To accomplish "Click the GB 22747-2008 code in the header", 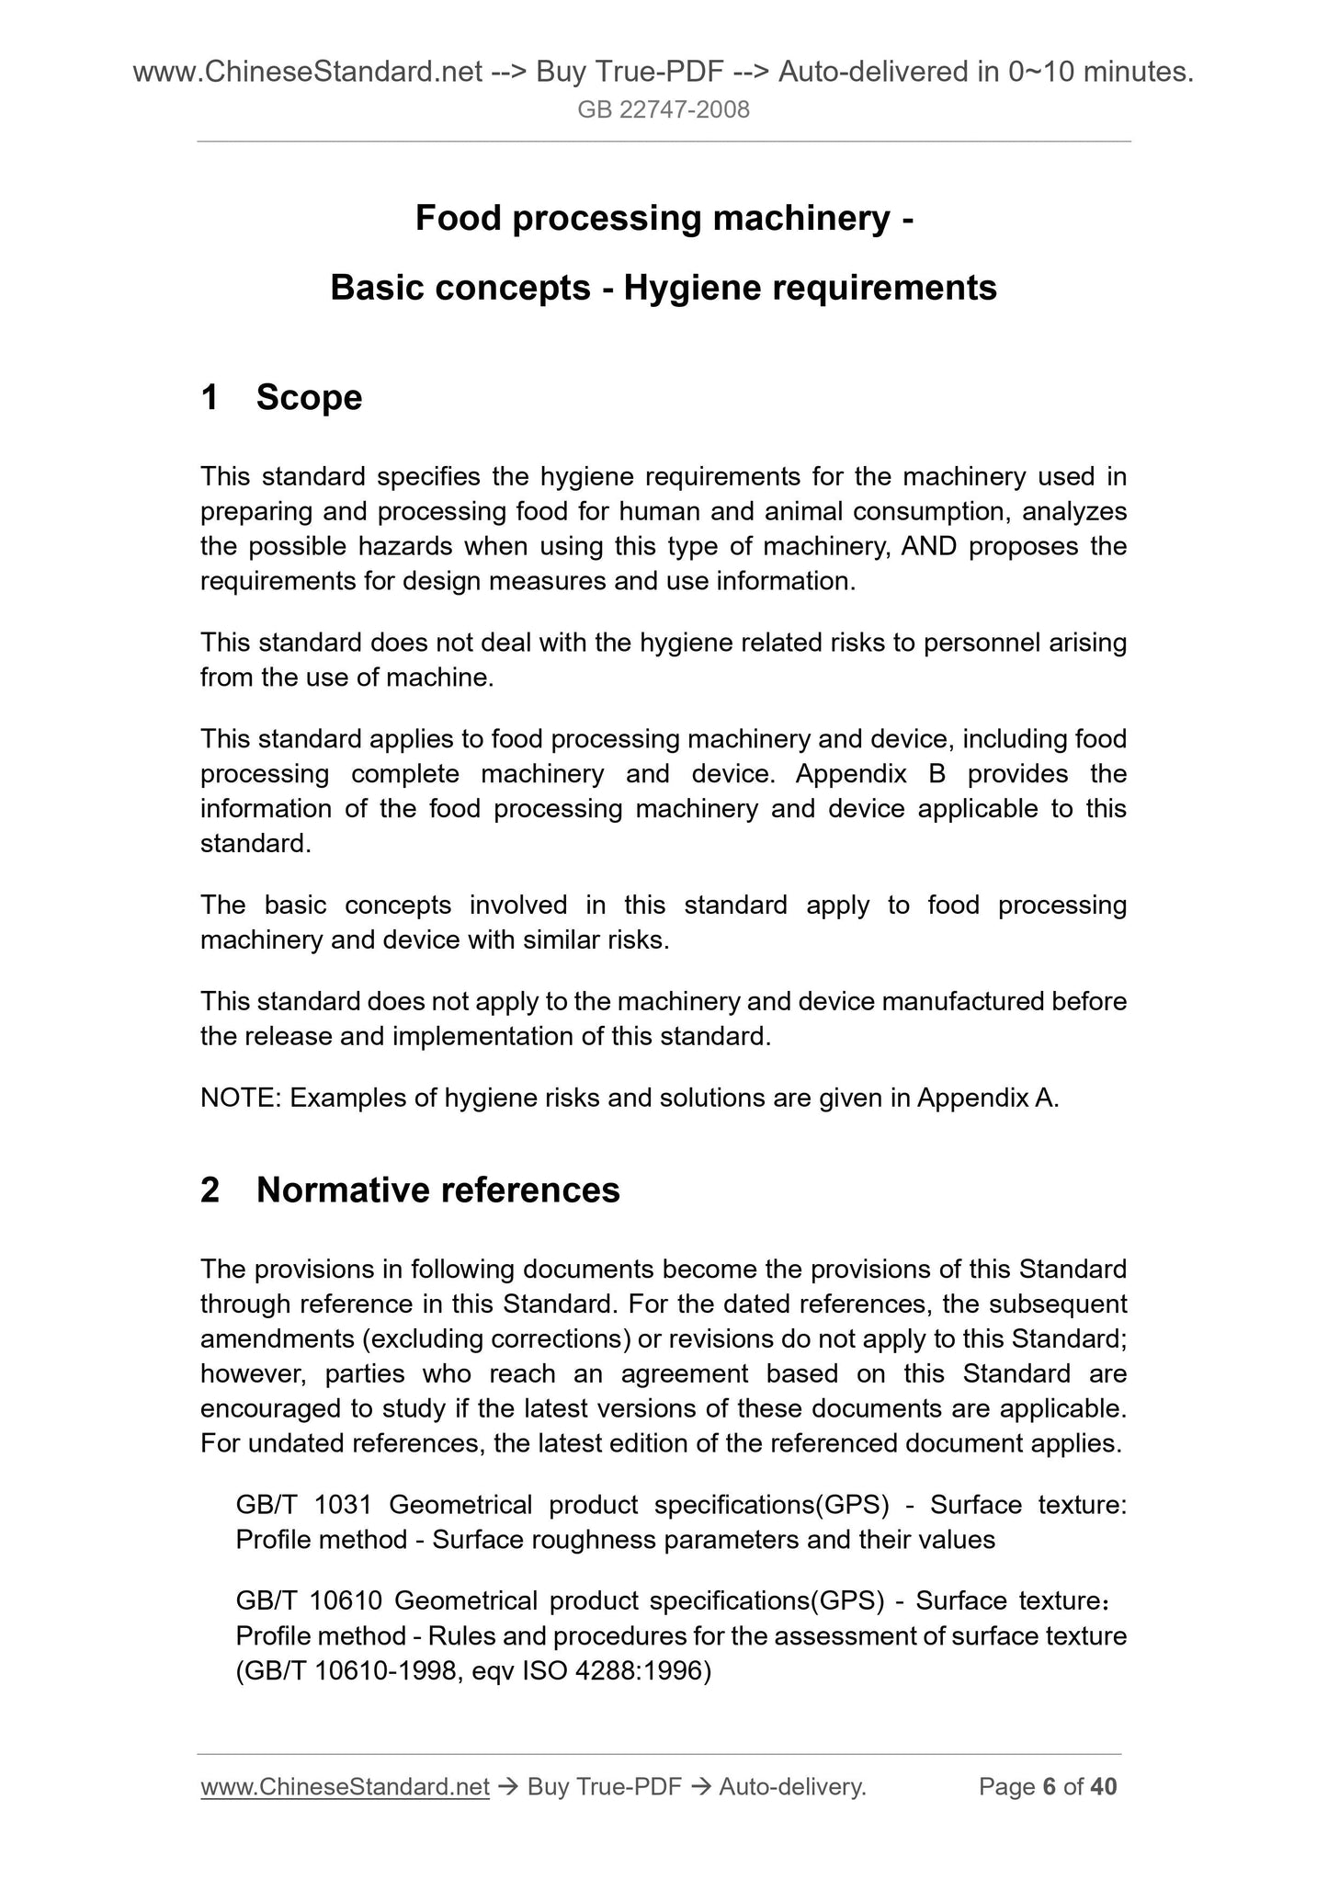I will [664, 110].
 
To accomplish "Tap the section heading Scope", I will [309, 398].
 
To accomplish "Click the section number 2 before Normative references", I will [210, 1190].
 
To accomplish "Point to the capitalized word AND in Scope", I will [929, 547].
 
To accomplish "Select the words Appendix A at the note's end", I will [987, 1098].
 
